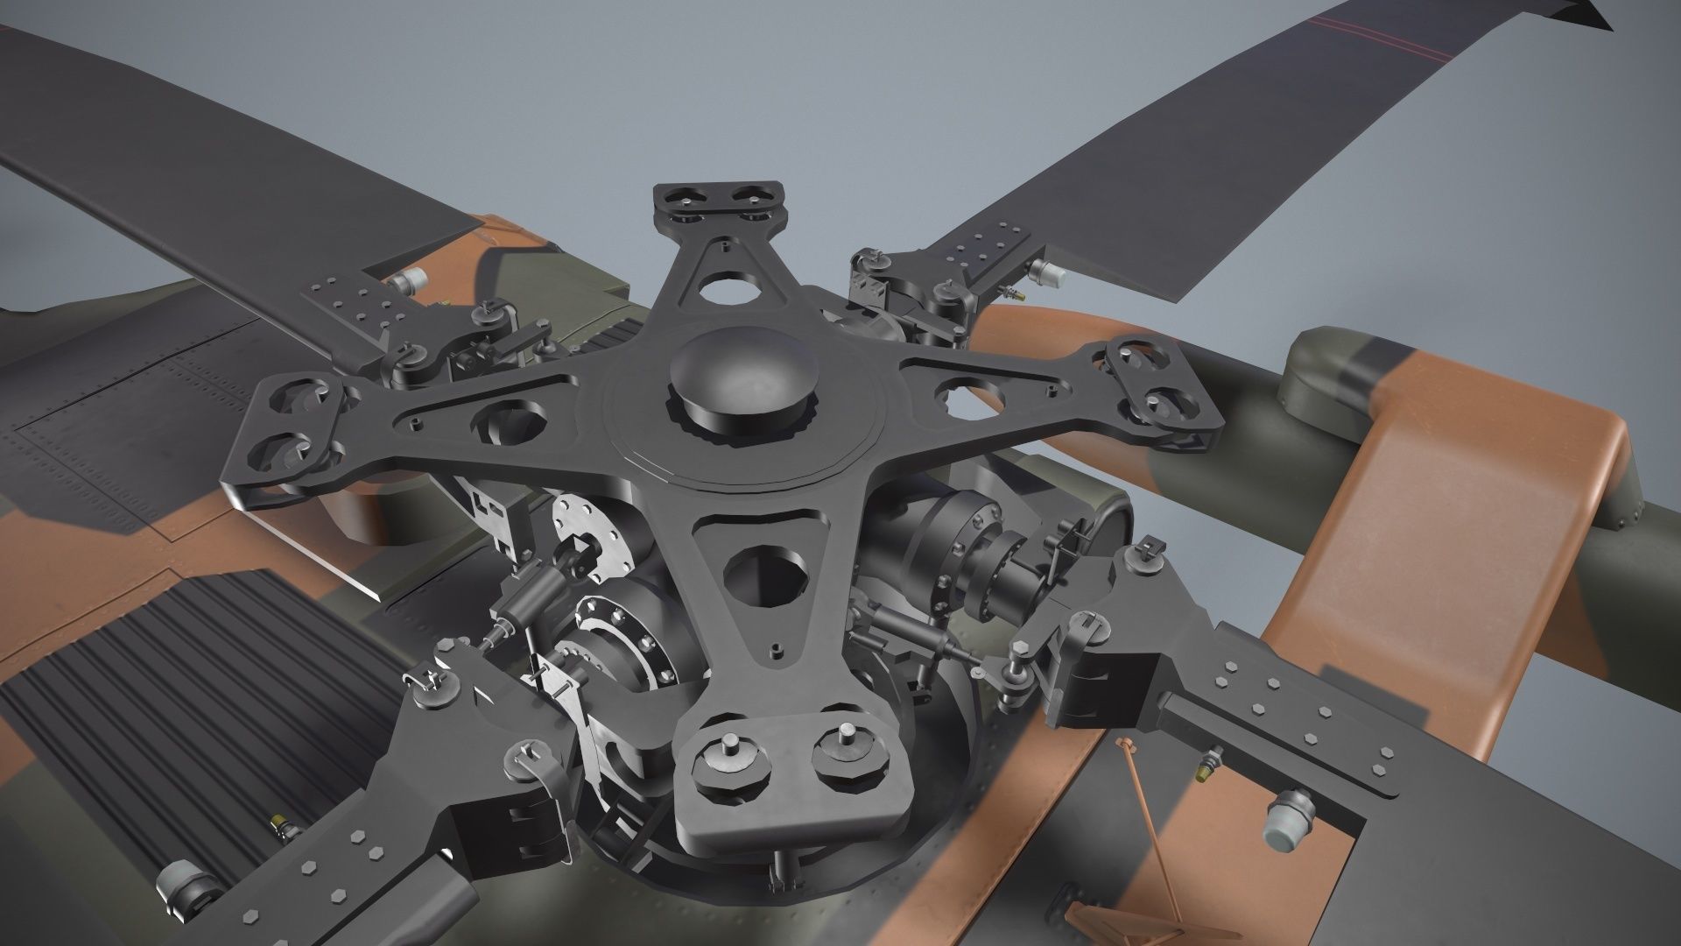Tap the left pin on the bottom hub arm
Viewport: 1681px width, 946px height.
pos(729,755)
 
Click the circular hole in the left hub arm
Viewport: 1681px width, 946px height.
pos(510,422)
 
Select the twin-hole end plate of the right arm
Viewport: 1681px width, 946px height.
pos(1163,389)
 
